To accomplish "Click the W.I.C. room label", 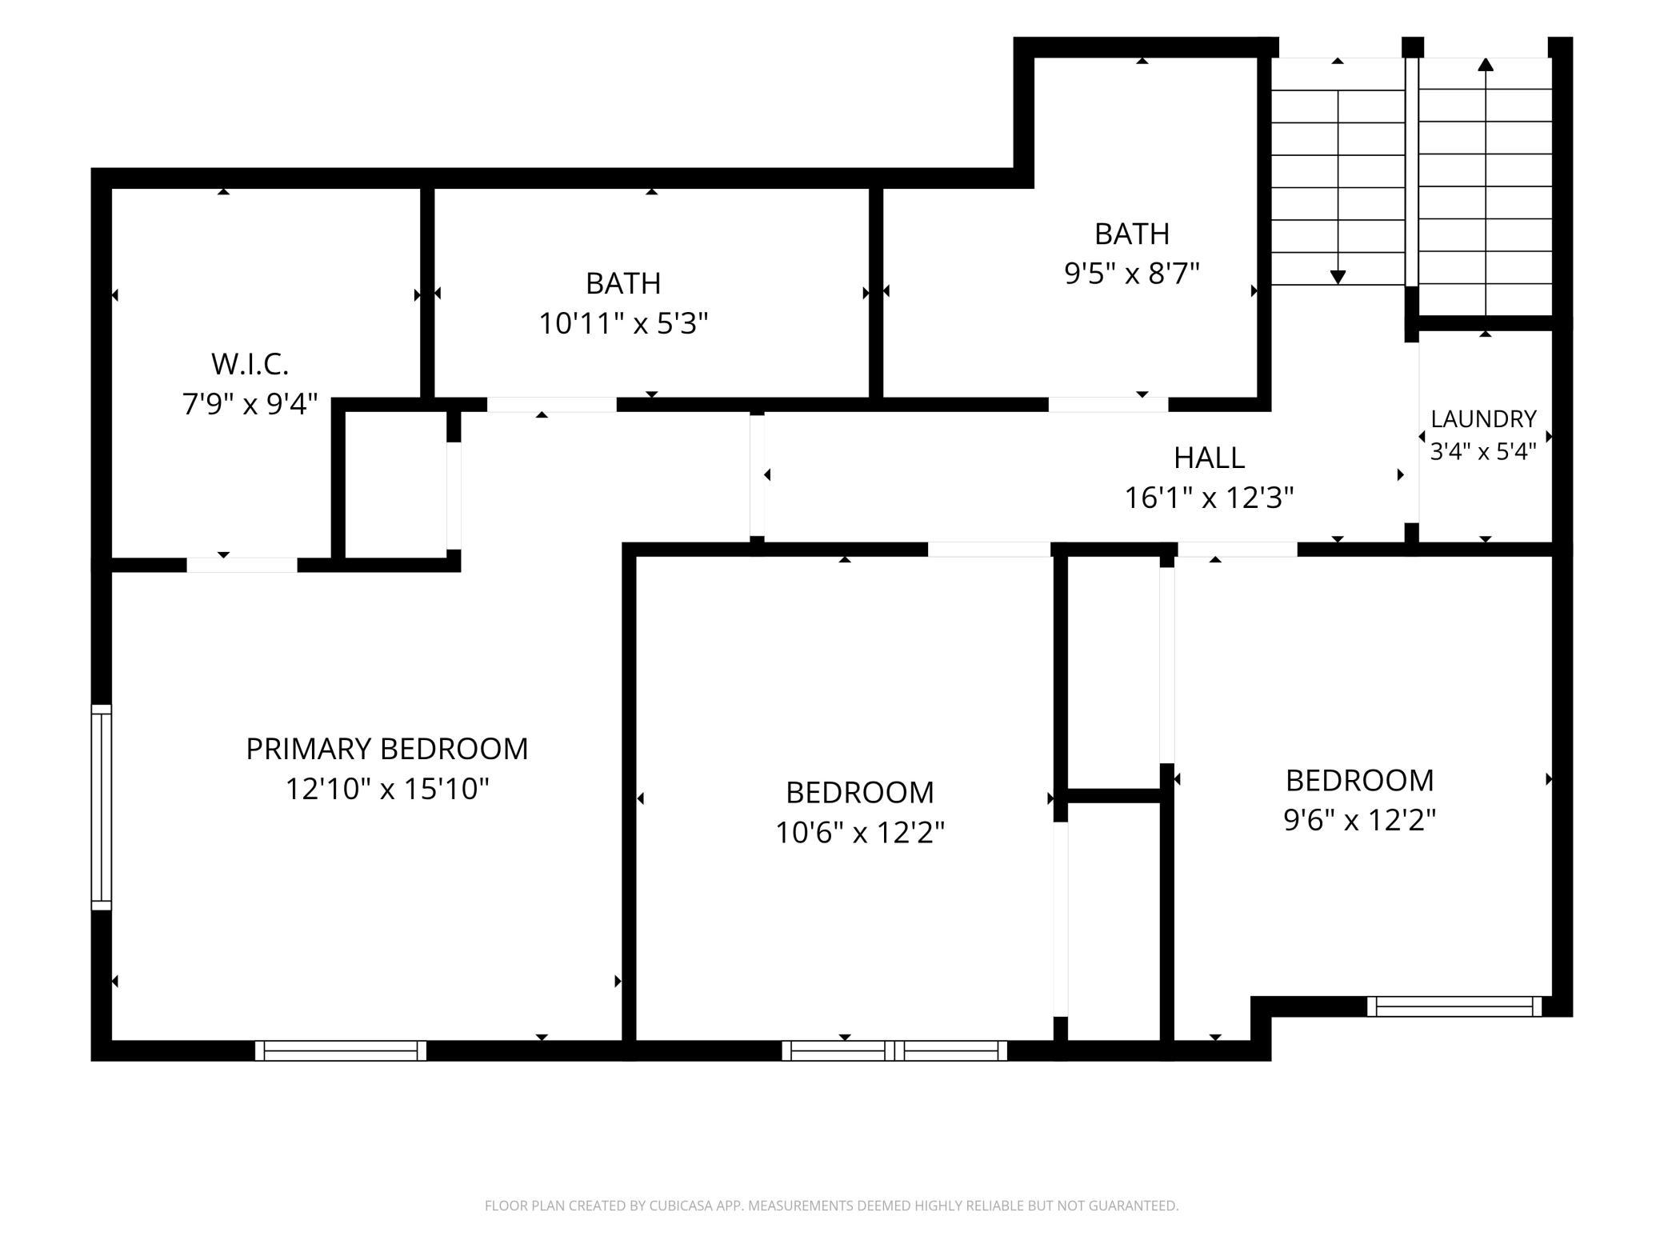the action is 250,364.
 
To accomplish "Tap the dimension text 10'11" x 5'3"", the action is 623,324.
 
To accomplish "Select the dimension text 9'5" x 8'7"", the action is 1132,274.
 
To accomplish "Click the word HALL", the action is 1209,458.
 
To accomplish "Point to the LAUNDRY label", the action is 1483,419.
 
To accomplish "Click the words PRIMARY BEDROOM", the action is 386,749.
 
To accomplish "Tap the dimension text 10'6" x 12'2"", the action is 860,833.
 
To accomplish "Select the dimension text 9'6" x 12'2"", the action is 1360,820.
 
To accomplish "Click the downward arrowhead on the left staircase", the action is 1338,277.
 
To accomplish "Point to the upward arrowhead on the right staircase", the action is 1486,65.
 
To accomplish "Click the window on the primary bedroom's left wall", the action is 102,807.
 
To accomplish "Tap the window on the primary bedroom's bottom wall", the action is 341,1050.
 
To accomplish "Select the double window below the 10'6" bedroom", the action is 894,1050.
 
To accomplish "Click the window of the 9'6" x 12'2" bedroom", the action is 1454,1006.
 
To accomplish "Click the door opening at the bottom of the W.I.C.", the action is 242,565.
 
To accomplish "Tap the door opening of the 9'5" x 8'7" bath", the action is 1108,405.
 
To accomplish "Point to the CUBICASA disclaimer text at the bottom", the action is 832,1206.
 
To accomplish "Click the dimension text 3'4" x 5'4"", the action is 1483,452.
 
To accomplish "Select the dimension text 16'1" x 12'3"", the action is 1209,498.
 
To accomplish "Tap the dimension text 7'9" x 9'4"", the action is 250,404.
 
